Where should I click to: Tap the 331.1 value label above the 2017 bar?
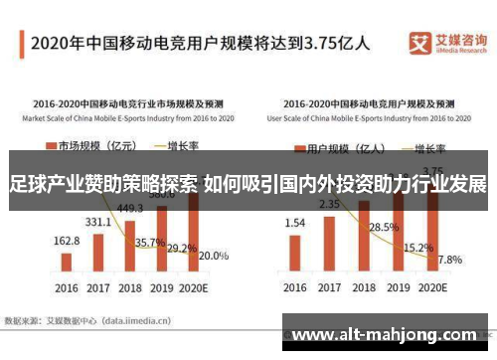(x=98, y=222)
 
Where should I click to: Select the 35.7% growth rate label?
(x=149, y=243)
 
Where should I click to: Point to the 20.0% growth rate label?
(x=213, y=256)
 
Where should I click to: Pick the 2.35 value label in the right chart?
(x=328, y=205)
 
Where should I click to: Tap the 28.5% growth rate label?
(x=383, y=228)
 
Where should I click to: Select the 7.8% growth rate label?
(x=450, y=260)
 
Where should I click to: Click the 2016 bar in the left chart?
(x=66, y=262)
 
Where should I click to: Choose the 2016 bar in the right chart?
(x=295, y=254)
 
